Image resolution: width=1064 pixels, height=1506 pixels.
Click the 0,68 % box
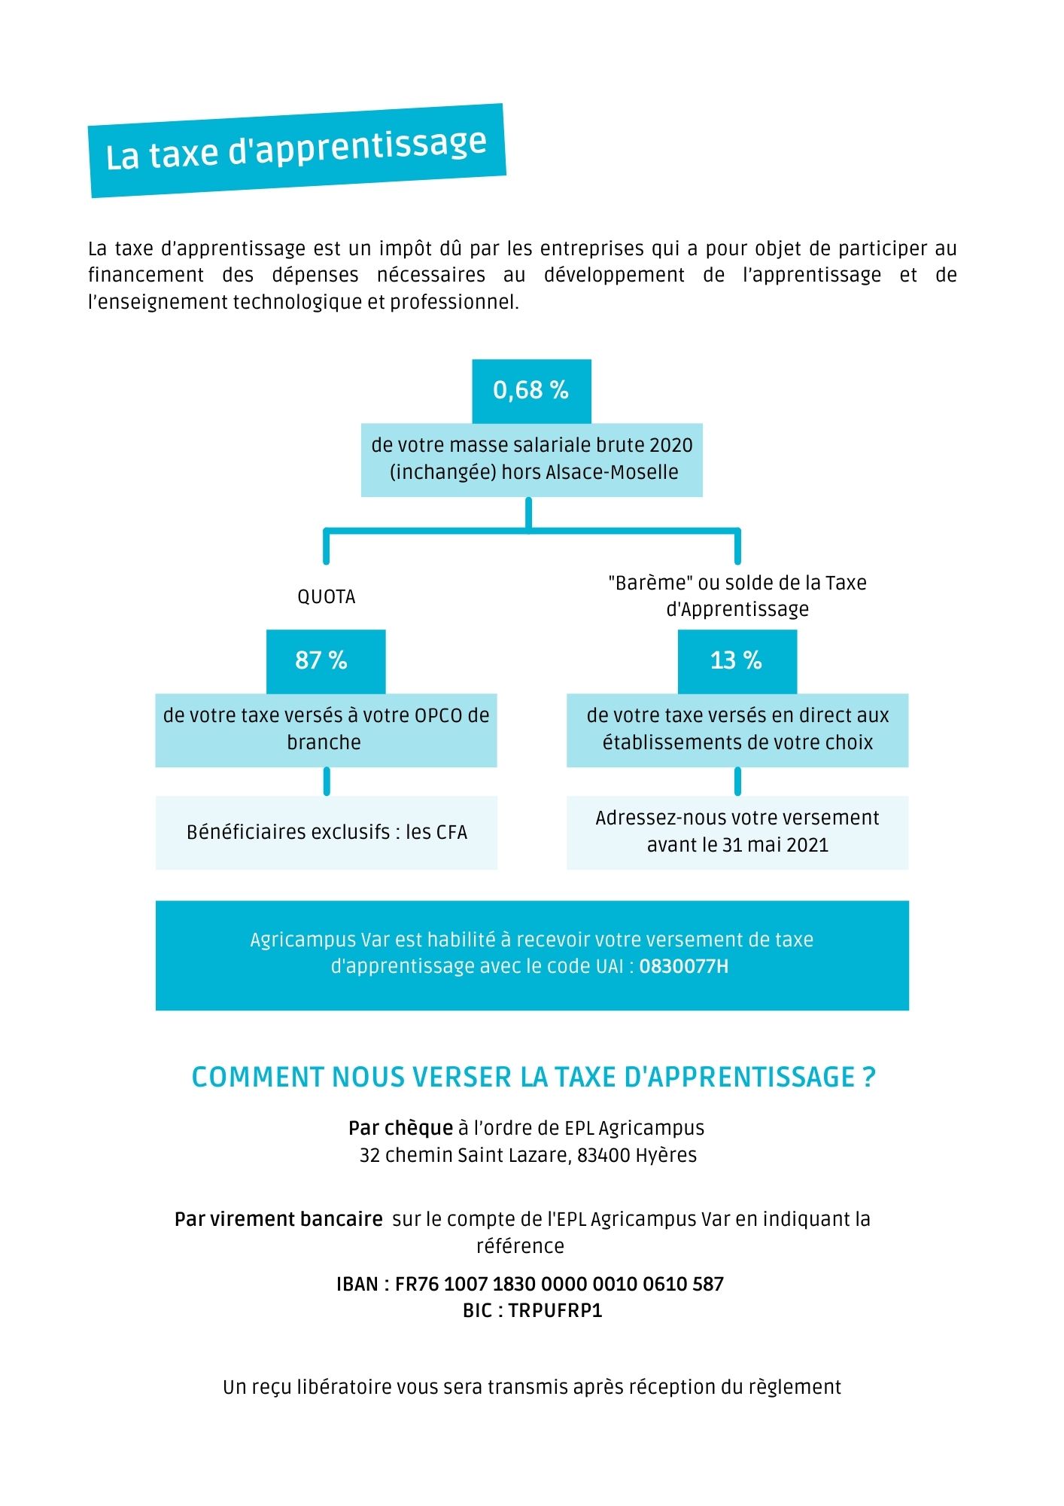(x=531, y=391)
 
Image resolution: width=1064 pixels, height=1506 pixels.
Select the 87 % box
(x=325, y=661)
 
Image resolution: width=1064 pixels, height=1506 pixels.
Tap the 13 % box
(x=737, y=661)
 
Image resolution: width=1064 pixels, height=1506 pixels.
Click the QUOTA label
(x=326, y=597)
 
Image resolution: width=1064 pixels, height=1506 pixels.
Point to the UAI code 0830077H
(x=684, y=966)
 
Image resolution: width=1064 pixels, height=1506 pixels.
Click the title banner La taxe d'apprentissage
(x=296, y=150)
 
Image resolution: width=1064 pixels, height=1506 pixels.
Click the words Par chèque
(x=400, y=1128)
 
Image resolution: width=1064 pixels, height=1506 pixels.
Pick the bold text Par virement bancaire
(x=278, y=1219)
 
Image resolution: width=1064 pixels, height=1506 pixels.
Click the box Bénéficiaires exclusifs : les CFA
(x=327, y=832)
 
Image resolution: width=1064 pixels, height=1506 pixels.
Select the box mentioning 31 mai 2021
(x=737, y=832)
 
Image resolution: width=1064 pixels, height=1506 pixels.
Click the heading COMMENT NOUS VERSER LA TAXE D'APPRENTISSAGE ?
(x=534, y=1077)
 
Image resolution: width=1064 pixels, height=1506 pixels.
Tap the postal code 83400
(x=603, y=1155)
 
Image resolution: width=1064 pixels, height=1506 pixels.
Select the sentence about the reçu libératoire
(x=532, y=1387)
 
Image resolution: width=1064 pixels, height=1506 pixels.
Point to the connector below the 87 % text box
(x=327, y=782)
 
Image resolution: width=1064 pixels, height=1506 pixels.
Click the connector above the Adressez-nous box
(x=737, y=782)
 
